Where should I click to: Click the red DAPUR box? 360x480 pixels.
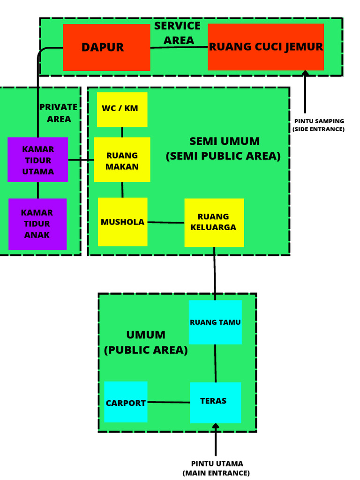(x=106, y=47)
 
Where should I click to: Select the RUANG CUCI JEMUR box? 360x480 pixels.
(x=266, y=47)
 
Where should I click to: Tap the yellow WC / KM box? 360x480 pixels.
(x=122, y=110)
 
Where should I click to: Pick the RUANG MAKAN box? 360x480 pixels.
(x=122, y=160)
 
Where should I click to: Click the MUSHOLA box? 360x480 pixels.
(x=122, y=222)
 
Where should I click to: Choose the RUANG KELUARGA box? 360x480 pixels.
(x=214, y=222)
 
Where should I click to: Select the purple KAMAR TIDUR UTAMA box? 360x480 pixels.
(x=38, y=160)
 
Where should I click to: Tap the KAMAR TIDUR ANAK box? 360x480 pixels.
(x=37, y=224)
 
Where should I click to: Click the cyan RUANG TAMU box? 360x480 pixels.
(x=215, y=322)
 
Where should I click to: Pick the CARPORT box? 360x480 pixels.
(x=126, y=402)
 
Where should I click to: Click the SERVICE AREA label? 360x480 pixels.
(x=178, y=33)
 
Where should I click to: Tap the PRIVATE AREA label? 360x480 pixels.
(x=59, y=113)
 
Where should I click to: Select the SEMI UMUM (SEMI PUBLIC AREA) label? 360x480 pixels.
(x=224, y=149)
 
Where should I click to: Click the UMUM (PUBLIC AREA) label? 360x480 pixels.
(x=146, y=342)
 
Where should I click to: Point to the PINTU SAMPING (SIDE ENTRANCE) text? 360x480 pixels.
(x=319, y=125)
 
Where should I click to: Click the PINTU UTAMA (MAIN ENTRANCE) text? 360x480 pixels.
(x=216, y=468)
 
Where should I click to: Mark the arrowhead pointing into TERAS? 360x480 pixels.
(x=216, y=427)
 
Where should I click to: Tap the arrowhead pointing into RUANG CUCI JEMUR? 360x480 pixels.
(x=305, y=73)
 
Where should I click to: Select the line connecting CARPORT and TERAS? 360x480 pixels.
(x=169, y=402)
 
